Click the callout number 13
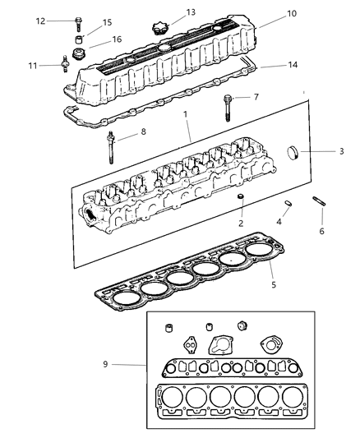[191, 12]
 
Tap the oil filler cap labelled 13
[159, 29]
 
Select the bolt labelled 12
[78, 24]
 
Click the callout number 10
[292, 13]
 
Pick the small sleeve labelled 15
[79, 39]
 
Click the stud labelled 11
[65, 64]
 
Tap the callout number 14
[293, 65]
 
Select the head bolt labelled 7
[228, 108]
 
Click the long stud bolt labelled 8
[110, 147]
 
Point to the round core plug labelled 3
[293, 153]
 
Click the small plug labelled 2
[240, 196]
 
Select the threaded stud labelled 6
[319, 201]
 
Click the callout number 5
[274, 284]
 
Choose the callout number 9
[105, 364]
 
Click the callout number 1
[185, 114]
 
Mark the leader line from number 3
[318, 152]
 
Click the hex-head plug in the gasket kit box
[242, 326]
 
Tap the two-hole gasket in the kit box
[190, 345]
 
